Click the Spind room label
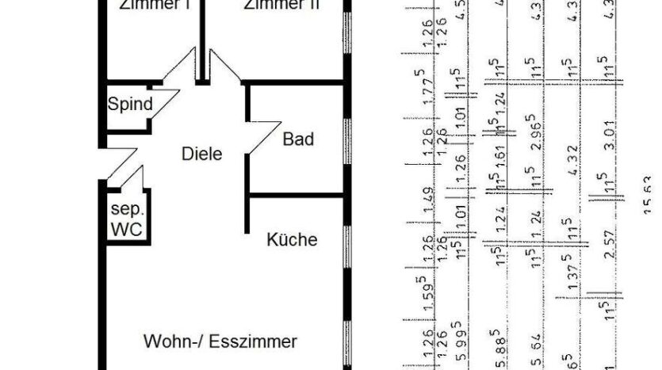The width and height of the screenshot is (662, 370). [x=130, y=104]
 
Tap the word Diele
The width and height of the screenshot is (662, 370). [x=201, y=154]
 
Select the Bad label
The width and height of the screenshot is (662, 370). [x=298, y=140]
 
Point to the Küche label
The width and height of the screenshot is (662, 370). [x=292, y=239]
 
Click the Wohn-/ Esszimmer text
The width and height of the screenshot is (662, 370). [x=220, y=342]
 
